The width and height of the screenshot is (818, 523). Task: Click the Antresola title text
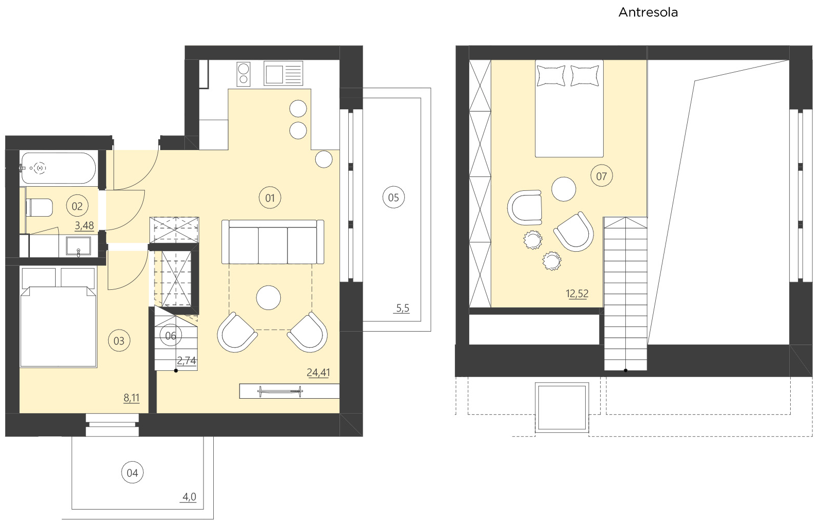[x=647, y=12]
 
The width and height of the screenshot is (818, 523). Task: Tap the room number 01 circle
[x=270, y=198]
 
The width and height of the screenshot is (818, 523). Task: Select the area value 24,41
[x=318, y=372]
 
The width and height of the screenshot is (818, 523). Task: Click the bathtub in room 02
[x=58, y=168]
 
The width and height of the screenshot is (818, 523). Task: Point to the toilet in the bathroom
[x=39, y=208]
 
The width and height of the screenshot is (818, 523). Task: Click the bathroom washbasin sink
[x=78, y=246]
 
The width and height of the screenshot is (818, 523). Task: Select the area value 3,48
[x=84, y=225]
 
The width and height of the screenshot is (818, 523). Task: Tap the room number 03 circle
[x=119, y=341]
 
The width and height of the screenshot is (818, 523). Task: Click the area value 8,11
[x=131, y=398]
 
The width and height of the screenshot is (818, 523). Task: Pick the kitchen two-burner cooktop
[x=243, y=74]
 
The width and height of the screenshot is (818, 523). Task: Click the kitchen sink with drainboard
[x=283, y=73]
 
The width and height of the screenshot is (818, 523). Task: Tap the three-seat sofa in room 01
[x=272, y=242]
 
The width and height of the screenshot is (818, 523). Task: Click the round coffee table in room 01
[x=268, y=298]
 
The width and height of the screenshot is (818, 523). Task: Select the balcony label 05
[x=394, y=198]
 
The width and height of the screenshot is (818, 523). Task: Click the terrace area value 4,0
[x=189, y=497]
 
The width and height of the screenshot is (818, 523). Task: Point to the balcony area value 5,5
[x=402, y=308]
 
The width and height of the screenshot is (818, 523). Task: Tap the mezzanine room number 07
[x=601, y=176]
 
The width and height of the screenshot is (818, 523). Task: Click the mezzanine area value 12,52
[x=576, y=293]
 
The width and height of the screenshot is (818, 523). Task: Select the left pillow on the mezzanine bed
[x=551, y=75]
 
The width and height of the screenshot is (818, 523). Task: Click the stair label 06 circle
[x=171, y=336]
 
